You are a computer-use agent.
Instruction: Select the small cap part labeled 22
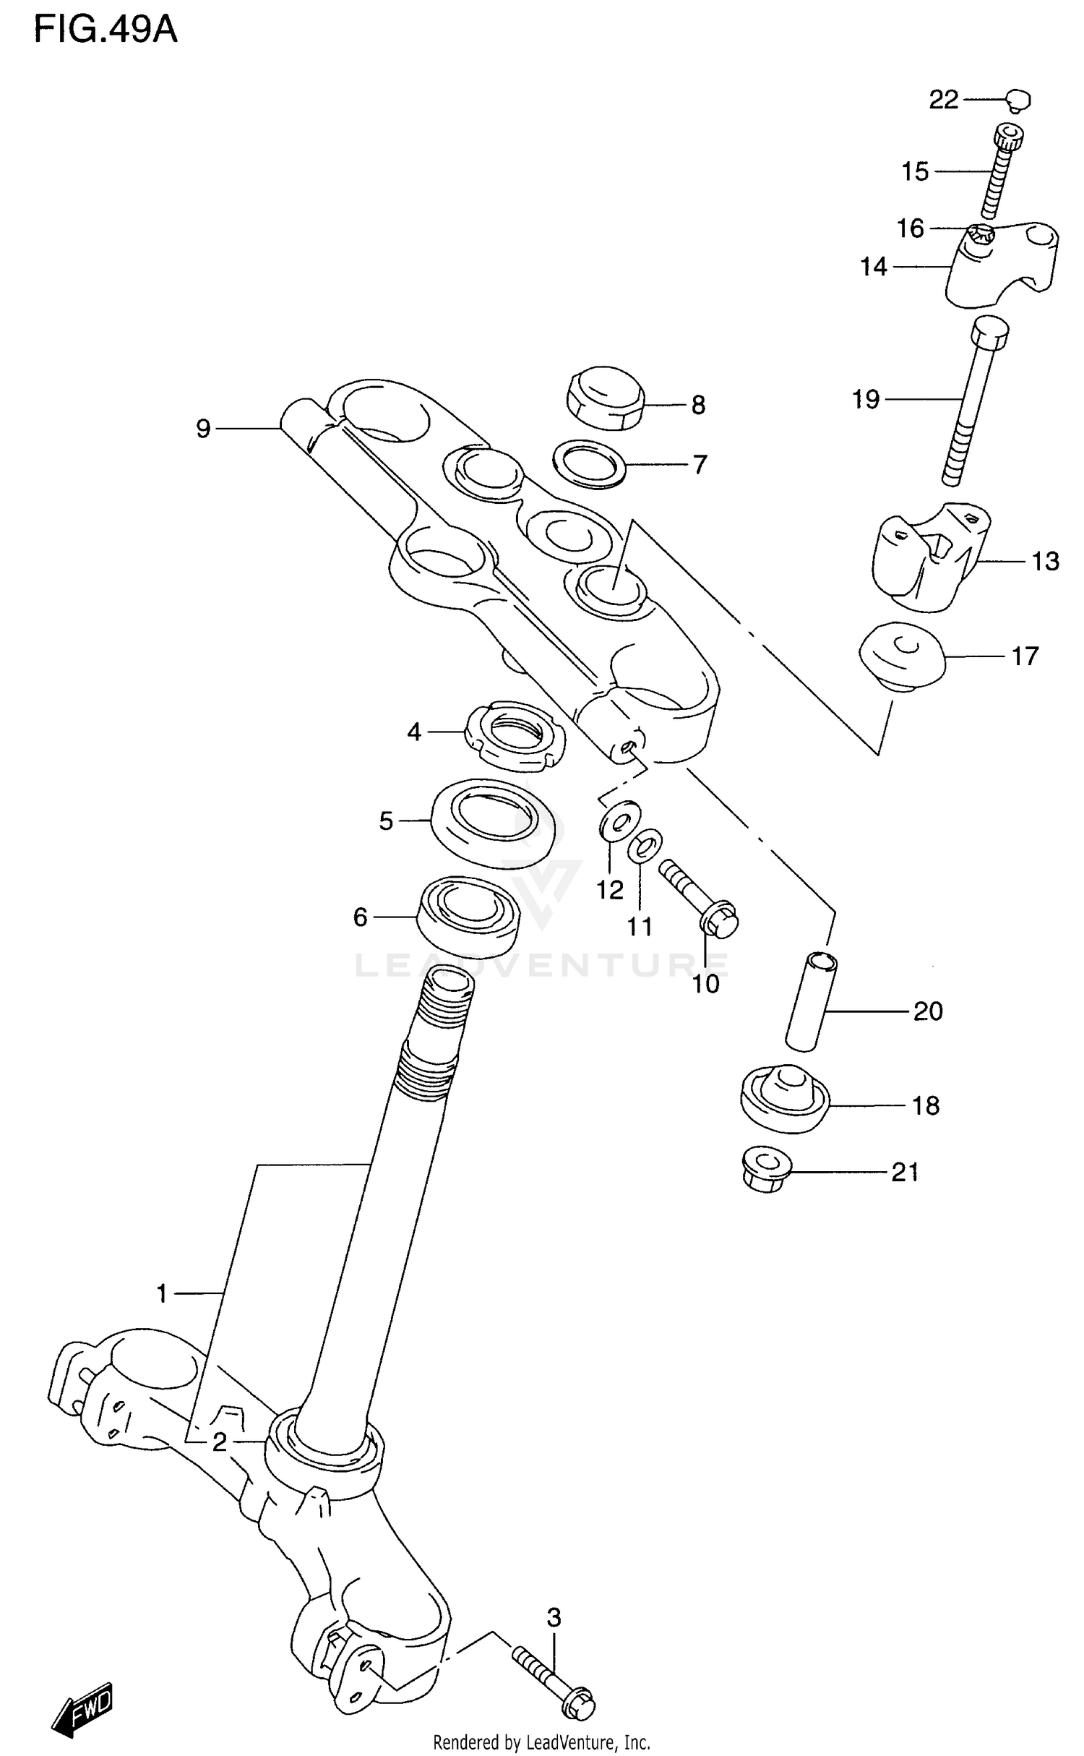pos(1019,100)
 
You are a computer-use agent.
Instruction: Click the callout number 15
pos(914,172)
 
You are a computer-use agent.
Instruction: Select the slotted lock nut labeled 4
pos(515,734)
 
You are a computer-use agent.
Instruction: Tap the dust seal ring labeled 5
pos(496,822)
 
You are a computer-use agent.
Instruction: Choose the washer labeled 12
pos(619,818)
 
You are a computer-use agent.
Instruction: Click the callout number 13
pos(1044,561)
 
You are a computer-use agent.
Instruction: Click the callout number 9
pos(204,429)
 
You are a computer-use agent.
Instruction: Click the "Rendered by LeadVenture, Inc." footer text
pos(541,1742)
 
